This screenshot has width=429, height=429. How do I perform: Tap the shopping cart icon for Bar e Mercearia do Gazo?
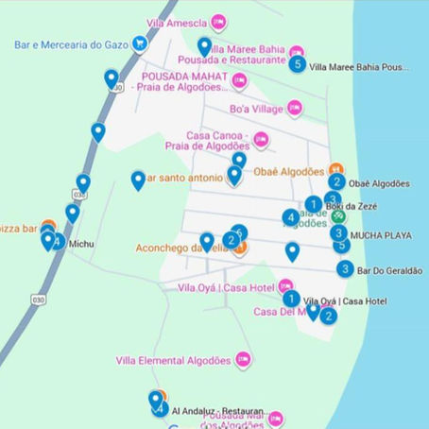click(140, 43)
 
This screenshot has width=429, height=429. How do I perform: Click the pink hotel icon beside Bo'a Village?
click(294, 109)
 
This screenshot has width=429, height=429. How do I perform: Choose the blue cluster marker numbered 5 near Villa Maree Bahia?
click(298, 64)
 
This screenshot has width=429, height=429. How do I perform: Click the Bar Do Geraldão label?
click(390, 270)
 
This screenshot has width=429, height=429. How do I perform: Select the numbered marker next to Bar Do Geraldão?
click(346, 269)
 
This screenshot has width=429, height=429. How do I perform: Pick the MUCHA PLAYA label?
click(381, 234)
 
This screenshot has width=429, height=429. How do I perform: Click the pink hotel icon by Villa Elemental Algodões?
click(243, 359)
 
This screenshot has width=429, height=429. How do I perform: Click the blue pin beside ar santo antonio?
click(138, 180)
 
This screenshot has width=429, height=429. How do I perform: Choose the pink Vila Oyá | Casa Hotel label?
click(226, 287)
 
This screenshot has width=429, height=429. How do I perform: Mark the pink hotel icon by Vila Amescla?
click(218, 21)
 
